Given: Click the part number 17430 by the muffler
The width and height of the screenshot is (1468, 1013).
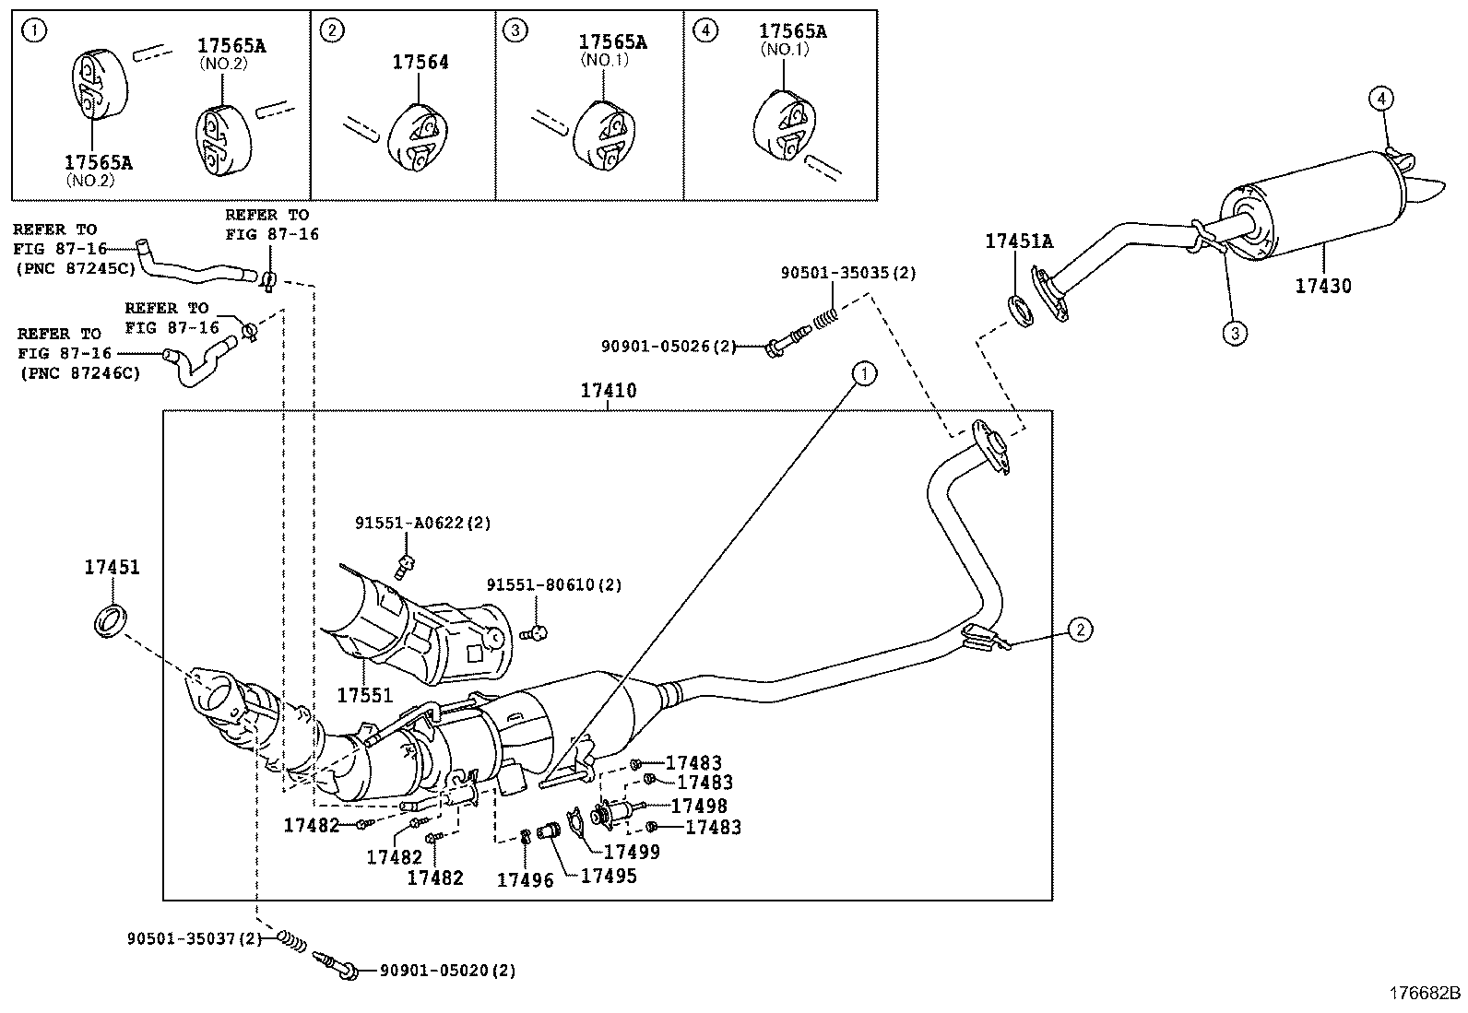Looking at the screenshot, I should point(1322,286).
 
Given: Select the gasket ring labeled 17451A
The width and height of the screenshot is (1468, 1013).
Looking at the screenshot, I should point(1019,311).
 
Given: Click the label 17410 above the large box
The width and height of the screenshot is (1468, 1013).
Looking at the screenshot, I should point(608,391).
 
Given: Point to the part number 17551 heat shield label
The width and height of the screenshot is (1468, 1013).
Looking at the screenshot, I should point(364,696).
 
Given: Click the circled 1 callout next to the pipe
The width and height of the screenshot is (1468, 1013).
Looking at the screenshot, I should point(864,373).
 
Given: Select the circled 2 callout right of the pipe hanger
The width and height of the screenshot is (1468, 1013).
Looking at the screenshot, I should point(1080,630).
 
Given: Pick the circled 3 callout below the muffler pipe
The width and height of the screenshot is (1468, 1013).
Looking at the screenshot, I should point(1235,333).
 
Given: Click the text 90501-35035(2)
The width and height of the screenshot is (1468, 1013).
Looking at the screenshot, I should point(848,273).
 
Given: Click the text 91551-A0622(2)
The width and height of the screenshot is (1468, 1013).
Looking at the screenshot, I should point(423,523).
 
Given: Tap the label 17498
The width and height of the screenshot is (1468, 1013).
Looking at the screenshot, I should point(698,806).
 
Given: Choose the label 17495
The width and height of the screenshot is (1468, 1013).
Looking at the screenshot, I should point(609,875).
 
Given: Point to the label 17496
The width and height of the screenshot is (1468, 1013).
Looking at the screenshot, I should point(525,880).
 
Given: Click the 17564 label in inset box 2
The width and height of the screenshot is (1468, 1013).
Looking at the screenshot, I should point(420,62).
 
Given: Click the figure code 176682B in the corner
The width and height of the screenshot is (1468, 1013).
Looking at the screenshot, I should point(1426,993).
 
